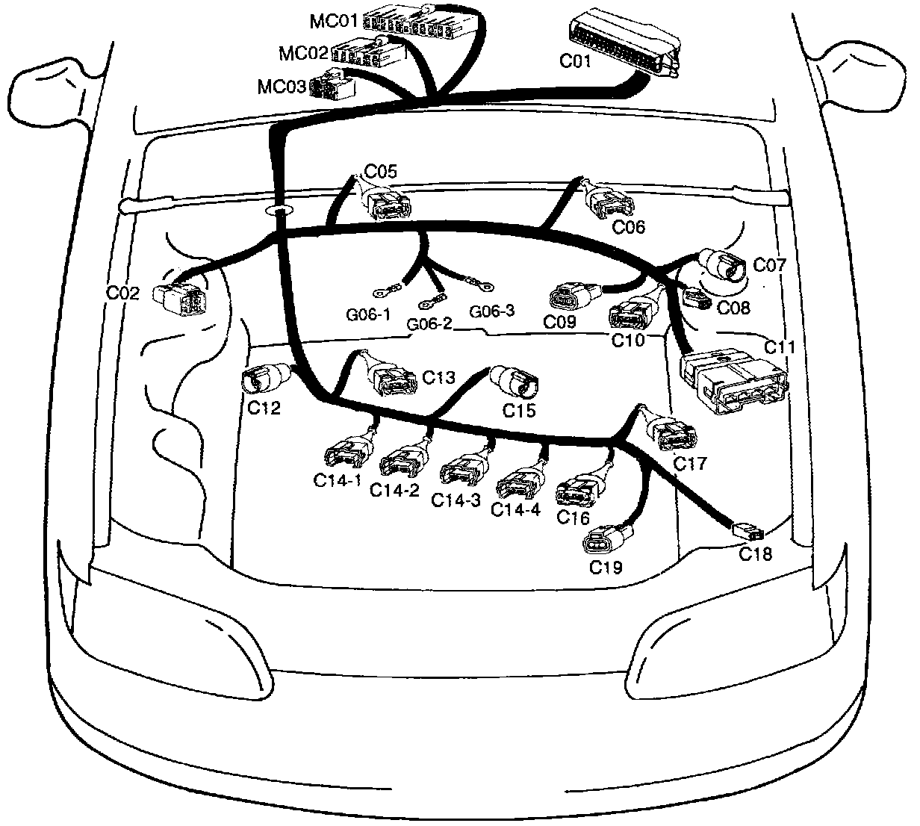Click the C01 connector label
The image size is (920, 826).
pyautogui.click(x=575, y=61)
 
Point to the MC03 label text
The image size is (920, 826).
pyautogui.click(x=282, y=87)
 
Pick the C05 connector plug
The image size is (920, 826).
pyautogui.click(x=388, y=203)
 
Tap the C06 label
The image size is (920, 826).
pyautogui.click(x=628, y=226)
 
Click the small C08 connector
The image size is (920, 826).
pyautogui.click(x=695, y=299)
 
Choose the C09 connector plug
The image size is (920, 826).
pyautogui.click(x=572, y=296)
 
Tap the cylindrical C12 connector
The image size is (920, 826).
pyautogui.click(x=262, y=378)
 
